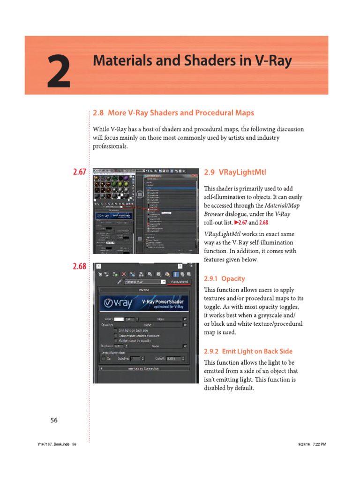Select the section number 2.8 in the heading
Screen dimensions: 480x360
pyautogui.click(x=98, y=113)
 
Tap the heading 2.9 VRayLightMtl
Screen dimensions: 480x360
pyautogui.click(x=235, y=172)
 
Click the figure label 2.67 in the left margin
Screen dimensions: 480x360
pyautogui.click(x=79, y=172)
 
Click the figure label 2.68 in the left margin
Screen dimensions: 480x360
pyautogui.click(x=79, y=266)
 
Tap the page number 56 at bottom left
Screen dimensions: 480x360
pyautogui.click(x=54, y=420)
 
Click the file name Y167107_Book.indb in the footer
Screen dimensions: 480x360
pyautogui.click(x=50, y=444)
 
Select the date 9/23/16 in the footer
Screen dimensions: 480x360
pyautogui.click(x=305, y=444)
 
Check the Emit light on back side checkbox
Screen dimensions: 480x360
pyautogui.click(x=116, y=330)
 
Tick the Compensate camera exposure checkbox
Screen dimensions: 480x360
pyautogui.click(x=116, y=336)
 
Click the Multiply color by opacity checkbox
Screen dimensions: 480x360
pyautogui.click(x=116, y=341)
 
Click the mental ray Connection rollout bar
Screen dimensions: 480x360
pyautogui.click(x=143, y=368)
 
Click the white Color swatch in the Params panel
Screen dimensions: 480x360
pyautogui.click(x=119, y=319)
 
